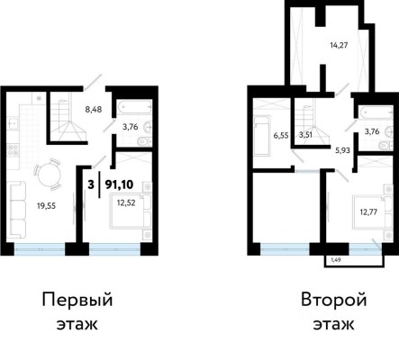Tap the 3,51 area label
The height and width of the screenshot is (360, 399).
tap(306, 137)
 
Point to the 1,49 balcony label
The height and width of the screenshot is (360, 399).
tap(334, 260)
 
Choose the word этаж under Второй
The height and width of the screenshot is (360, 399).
tap(332, 324)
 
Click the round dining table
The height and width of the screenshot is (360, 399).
tap(45, 171)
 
